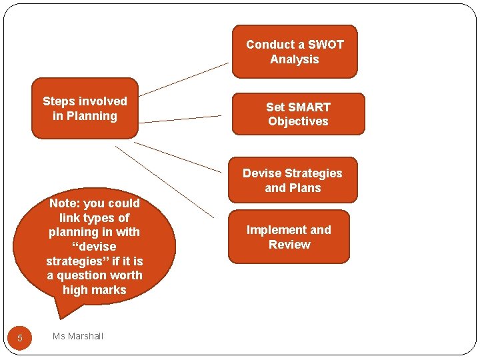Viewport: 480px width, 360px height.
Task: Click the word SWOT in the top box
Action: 325,45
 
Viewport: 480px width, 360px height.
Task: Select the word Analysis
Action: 294,59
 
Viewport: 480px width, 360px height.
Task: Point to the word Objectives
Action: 298,121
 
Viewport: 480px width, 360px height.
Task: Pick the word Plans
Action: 305,188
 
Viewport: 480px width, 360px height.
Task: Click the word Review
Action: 289,245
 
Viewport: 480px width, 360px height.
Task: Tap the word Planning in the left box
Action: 92,116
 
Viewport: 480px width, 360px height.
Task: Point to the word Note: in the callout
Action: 65,203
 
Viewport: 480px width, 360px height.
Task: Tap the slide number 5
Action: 20,338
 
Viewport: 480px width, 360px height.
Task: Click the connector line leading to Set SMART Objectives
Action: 180,119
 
